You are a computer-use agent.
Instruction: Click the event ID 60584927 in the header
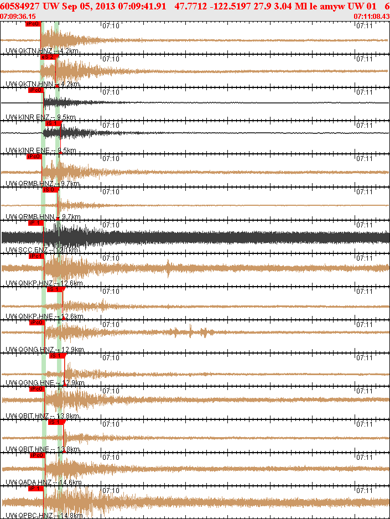click(x=20, y=7)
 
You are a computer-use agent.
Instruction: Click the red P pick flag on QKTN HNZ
click(x=33, y=24)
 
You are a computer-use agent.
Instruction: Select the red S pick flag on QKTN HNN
click(x=48, y=57)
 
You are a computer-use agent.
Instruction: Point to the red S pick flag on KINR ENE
click(x=51, y=123)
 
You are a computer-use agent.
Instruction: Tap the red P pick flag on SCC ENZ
click(x=35, y=223)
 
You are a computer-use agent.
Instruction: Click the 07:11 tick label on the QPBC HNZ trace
click(x=363, y=490)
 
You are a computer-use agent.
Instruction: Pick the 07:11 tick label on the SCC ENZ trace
click(x=363, y=225)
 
